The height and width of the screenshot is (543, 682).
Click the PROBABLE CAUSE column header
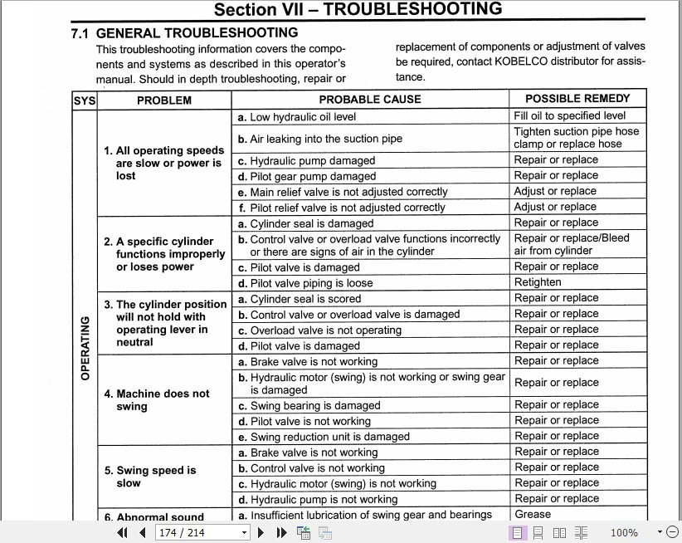click(x=370, y=100)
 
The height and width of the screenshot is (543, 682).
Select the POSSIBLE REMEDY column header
click(x=577, y=99)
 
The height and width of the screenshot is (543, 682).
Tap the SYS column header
click(x=85, y=100)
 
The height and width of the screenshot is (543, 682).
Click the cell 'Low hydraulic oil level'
click(x=303, y=117)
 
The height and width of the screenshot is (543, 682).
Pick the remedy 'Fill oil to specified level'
click(x=569, y=116)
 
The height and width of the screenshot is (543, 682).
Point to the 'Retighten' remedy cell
click(x=538, y=282)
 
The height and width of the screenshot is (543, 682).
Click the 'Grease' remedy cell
click(x=533, y=515)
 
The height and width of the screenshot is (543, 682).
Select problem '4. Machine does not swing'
click(x=163, y=400)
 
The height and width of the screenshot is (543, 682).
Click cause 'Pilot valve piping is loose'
click(x=311, y=283)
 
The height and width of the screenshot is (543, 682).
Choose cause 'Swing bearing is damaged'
click(x=315, y=406)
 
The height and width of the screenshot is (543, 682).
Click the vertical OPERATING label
click(x=85, y=348)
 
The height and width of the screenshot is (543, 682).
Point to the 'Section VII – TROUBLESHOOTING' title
click(x=358, y=10)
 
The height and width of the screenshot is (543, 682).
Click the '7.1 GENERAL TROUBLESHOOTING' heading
click(x=184, y=33)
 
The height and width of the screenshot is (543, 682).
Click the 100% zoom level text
click(x=624, y=533)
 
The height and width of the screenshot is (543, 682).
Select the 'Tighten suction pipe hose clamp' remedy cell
click(x=576, y=138)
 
